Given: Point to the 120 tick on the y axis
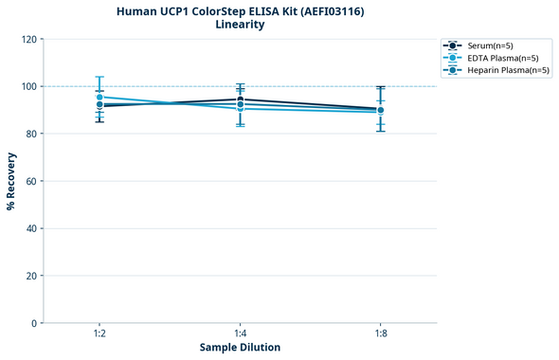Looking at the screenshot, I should point(30,39).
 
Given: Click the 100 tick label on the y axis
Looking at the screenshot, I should point(30,86).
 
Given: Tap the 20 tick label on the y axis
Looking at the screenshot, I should point(32,276).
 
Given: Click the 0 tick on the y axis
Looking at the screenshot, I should point(35,323).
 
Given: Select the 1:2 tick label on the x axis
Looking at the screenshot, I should point(99,334).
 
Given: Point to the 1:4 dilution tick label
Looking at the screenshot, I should point(240,334).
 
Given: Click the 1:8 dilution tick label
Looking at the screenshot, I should point(380,334).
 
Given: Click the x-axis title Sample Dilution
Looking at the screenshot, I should point(240,348).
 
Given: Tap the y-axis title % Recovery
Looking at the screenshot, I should point(11,180).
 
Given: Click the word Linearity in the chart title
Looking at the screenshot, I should point(240,25).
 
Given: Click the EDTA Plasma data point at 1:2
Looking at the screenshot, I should point(99,97).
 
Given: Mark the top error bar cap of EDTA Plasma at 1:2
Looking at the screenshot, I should point(99,77).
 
